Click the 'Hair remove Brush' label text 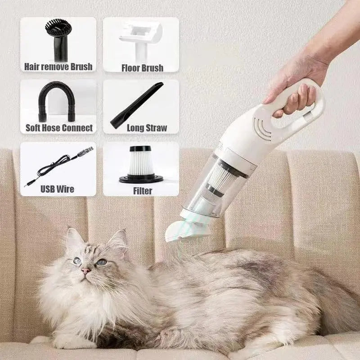58,67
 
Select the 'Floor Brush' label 142,68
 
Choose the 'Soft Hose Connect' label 58,128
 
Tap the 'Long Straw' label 147,128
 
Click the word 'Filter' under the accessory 142,190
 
